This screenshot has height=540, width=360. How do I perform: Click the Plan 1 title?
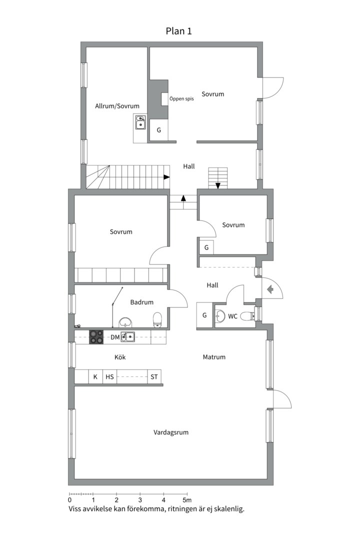pyautogui.click(x=178, y=31)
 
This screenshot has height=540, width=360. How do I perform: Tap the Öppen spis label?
pyautogui.click(x=181, y=99)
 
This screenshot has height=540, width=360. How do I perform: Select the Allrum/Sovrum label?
pyautogui.click(x=117, y=106)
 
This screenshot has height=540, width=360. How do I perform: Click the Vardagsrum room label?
pyautogui.click(x=171, y=432)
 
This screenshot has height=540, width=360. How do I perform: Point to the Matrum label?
pyautogui.click(x=214, y=357)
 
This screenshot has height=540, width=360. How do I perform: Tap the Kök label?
pyautogui.click(x=120, y=357)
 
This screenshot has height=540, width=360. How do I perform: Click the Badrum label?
pyautogui.click(x=141, y=302)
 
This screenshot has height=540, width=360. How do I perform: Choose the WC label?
pyautogui.click(x=232, y=316)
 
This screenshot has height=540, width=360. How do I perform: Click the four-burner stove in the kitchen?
pyautogui.click(x=96, y=337)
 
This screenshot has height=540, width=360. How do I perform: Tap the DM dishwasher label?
pyautogui.click(x=115, y=337)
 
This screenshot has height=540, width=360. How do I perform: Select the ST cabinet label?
pyautogui.click(x=154, y=377)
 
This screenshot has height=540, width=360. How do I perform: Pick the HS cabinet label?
pyautogui.click(x=109, y=377)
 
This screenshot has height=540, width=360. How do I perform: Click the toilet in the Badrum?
pyautogui.click(x=157, y=319)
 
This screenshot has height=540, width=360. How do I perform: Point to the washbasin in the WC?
pyautogui.click(x=220, y=315)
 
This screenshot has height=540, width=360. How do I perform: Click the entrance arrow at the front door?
pyautogui.click(x=270, y=289)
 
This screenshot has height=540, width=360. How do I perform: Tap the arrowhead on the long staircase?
pyautogui.click(x=166, y=177)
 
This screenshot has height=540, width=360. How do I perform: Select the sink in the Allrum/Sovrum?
pyautogui.click(x=140, y=122)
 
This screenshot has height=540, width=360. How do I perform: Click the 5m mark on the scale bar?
pyautogui.click(x=187, y=499)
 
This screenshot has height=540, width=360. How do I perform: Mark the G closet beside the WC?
pyautogui.click(x=204, y=315)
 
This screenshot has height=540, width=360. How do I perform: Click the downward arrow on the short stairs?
pyautogui.click(x=217, y=185)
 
